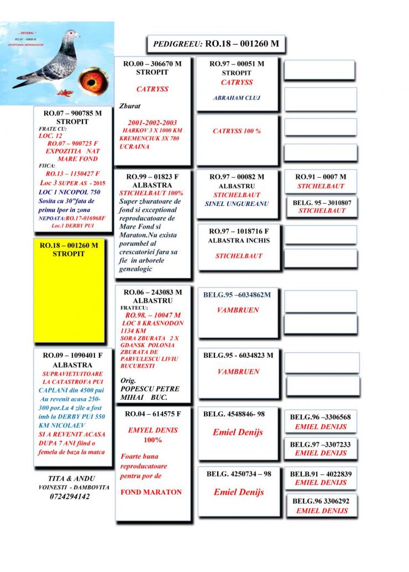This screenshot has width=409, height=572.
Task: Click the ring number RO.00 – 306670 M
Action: [x=151, y=64]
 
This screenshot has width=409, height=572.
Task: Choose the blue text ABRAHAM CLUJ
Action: [x=237, y=98]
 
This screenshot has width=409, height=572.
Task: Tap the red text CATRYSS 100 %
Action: [x=237, y=131]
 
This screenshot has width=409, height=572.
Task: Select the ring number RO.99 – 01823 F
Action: [x=151, y=177]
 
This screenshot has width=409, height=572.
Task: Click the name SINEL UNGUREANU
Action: [x=237, y=204]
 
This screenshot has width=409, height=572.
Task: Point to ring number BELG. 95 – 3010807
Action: [x=322, y=203]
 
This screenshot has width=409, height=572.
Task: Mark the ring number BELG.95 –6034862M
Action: [x=237, y=295]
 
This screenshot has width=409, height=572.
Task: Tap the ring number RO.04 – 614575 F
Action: [x=153, y=413]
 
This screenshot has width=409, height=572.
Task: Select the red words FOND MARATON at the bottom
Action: [x=151, y=492]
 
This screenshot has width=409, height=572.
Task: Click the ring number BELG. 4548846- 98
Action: [x=238, y=414]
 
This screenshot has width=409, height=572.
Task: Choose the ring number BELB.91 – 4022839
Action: [x=321, y=474]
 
